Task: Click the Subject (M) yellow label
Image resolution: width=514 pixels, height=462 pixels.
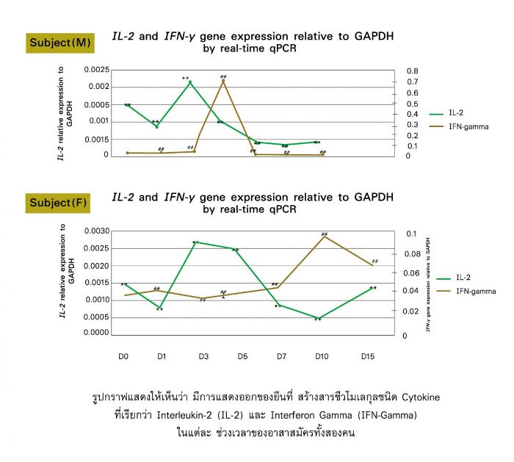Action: [x=59, y=43]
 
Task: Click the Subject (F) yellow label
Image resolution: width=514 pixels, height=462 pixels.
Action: [x=59, y=203]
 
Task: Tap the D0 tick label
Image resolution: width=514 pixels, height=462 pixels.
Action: [x=123, y=356]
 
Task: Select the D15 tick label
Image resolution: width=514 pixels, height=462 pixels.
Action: [x=369, y=356]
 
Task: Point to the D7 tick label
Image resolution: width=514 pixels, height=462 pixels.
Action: [x=281, y=356]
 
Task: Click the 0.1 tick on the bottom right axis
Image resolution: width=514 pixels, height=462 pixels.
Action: [x=413, y=234]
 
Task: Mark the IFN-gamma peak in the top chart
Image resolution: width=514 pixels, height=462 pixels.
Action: [x=223, y=80]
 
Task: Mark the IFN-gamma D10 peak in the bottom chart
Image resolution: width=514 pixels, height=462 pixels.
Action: [x=324, y=237]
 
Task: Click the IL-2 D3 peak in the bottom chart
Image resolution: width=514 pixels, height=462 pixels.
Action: [x=196, y=242]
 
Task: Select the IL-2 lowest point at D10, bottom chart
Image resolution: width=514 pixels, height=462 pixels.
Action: [x=319, y=318]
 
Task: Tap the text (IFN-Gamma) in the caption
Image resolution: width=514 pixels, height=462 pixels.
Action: [x=383, y=415]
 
